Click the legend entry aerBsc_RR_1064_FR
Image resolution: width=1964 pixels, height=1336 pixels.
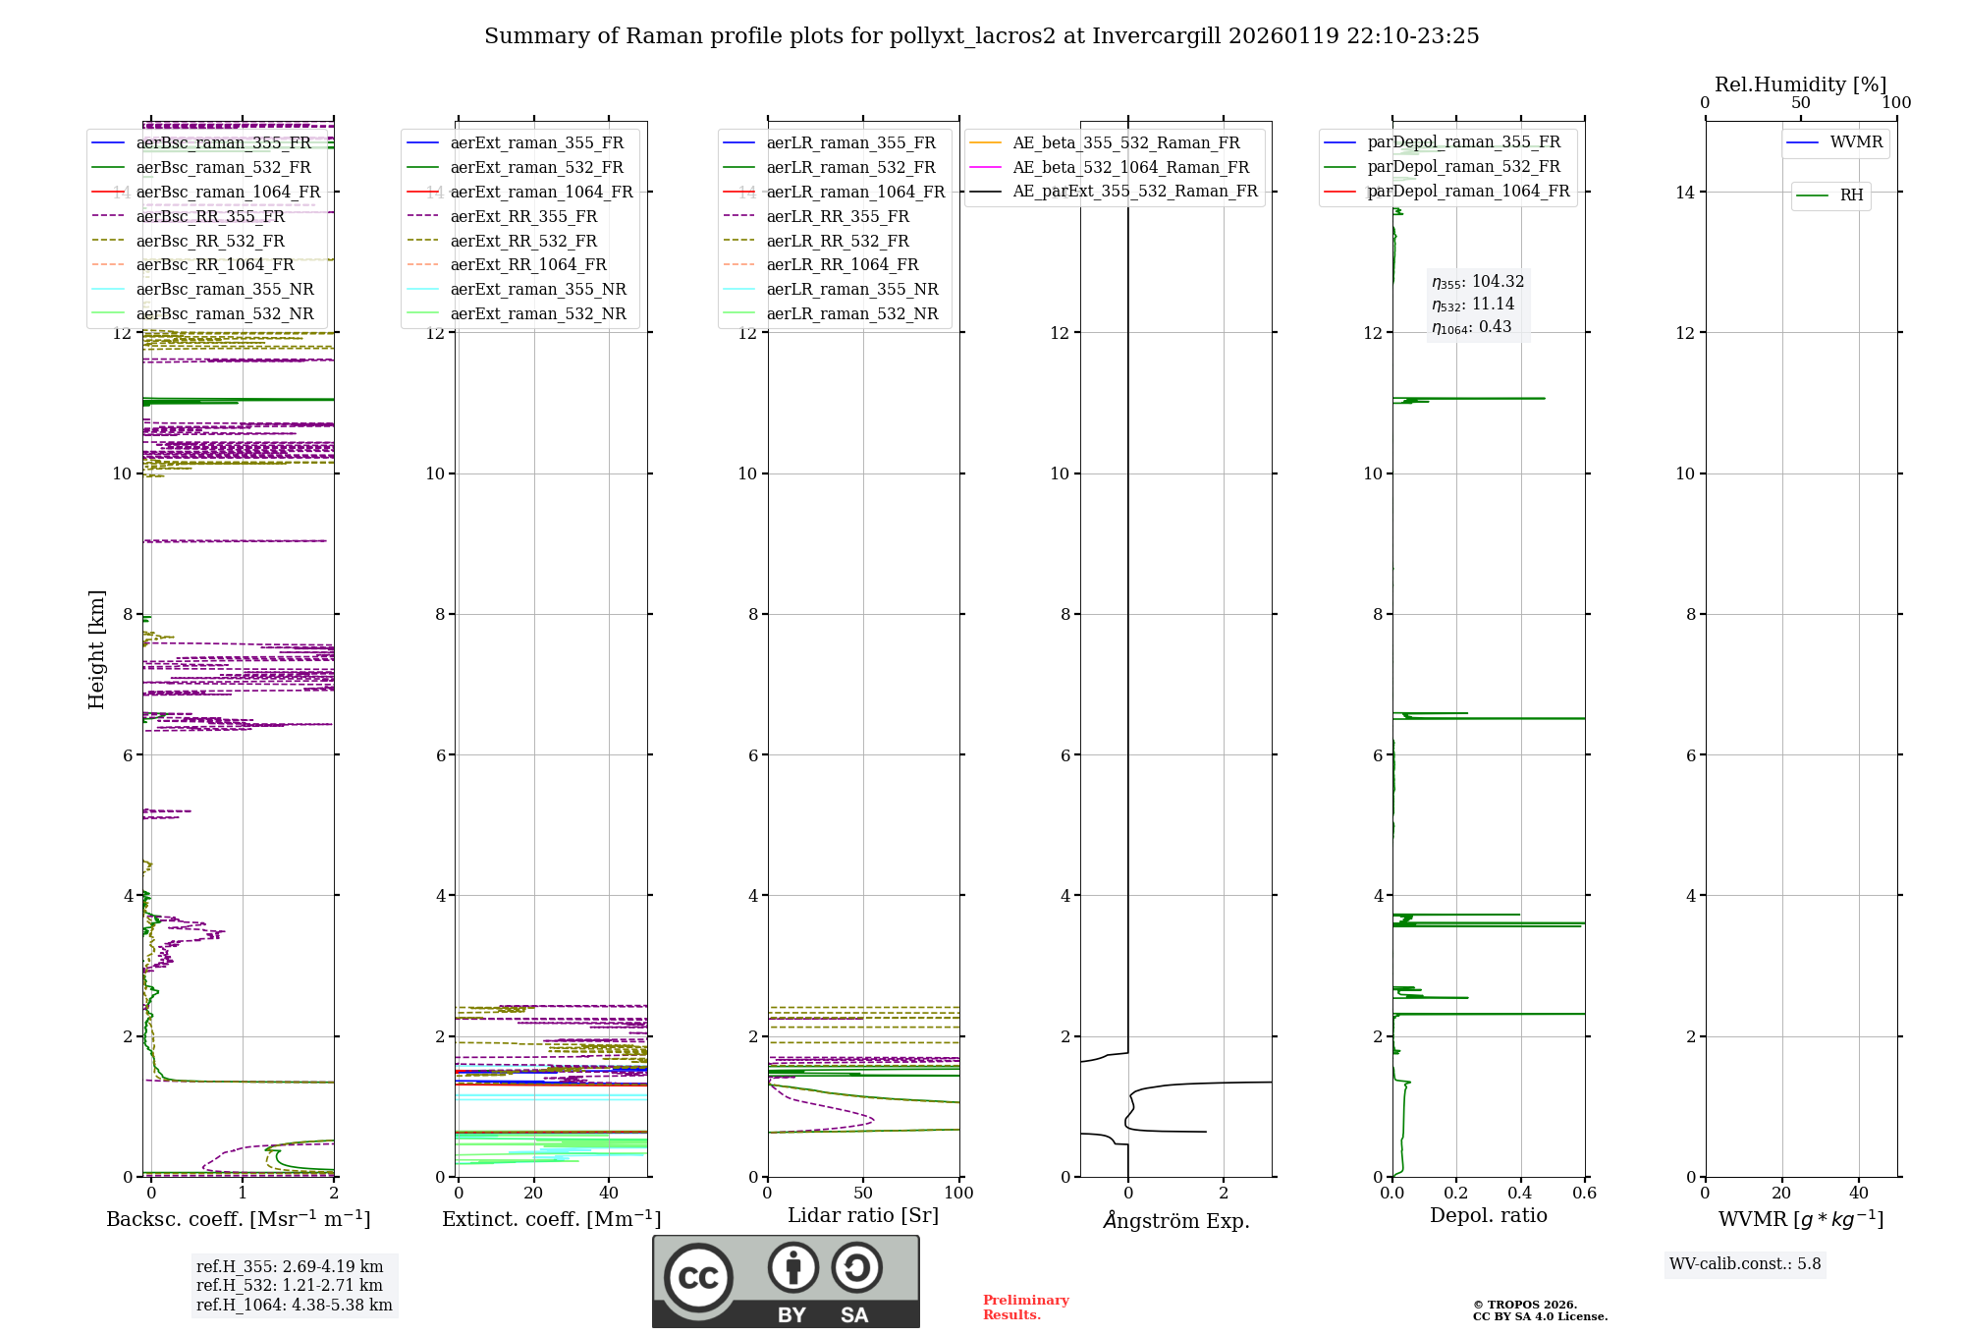[214, 265]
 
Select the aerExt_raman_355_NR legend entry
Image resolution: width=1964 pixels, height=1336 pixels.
[537, 290]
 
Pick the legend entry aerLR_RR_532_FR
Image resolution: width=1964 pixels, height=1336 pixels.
[837, 241]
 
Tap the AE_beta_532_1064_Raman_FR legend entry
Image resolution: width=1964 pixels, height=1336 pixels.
[1130, 167]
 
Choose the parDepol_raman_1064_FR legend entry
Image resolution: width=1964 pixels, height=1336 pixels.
[1467, 191]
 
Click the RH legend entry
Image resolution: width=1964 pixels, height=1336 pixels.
[1851, 195]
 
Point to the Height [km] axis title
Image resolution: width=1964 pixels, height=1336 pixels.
[96, 648]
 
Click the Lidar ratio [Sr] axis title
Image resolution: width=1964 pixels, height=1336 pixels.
[862, 1215]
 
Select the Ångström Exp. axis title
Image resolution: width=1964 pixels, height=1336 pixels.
[1175, 1221]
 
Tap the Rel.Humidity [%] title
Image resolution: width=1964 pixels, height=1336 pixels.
[1800, 84]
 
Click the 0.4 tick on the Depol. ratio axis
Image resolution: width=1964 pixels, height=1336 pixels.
[1520, 1194]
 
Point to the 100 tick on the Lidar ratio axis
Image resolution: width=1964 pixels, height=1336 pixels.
[958, 1194]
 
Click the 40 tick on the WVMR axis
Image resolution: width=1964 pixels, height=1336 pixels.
[1858, 1194]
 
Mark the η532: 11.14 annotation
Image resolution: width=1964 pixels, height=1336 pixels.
[1472, 305]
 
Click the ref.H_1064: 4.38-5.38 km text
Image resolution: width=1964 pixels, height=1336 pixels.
[294, 1306]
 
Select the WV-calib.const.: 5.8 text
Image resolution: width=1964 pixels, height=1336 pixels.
[1744, 1264]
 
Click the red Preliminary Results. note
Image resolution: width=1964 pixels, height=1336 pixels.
[1025, 1308]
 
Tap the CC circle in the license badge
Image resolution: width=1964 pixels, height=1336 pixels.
[698, 1278]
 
